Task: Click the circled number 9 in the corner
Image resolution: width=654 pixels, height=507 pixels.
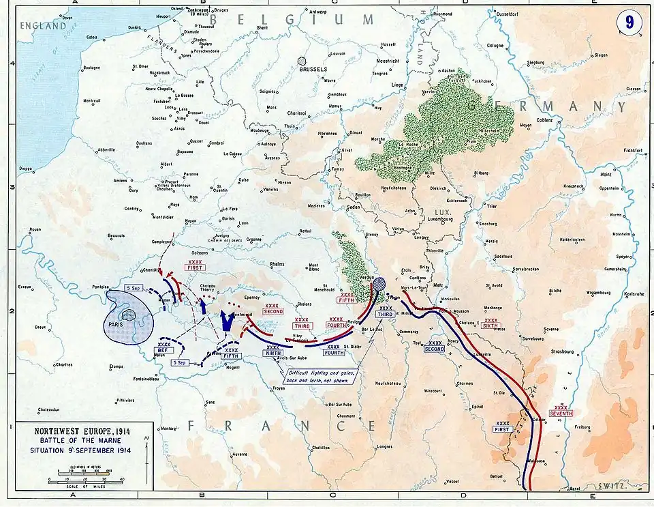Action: pos(630,23)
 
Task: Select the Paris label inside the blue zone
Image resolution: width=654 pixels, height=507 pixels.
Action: pos(123,325)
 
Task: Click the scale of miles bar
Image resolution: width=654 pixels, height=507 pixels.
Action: pos(85,480)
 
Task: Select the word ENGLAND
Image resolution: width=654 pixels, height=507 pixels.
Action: pos(43,26)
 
